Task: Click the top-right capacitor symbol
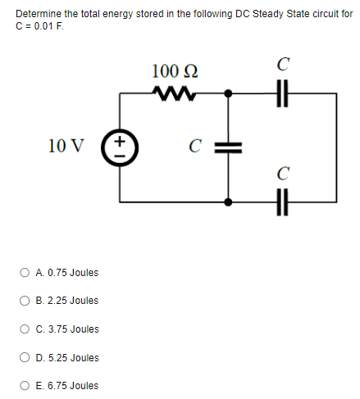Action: click(x=283, y=93)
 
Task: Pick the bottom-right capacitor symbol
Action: click(x=283, y=199)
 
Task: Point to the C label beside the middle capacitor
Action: click(x=195, y=148)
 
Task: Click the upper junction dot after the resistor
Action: click(x=228, y=93)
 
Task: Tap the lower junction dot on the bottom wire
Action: click(x=228, y=199)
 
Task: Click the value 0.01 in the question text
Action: click(x=39, y=24)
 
